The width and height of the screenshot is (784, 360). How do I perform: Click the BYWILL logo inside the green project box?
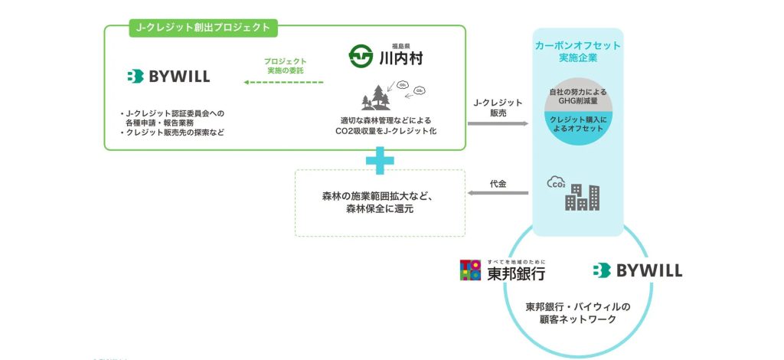click(168, 76)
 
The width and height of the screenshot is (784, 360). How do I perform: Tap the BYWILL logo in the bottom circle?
click(637, 270)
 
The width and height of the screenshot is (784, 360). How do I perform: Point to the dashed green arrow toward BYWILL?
click(285, 82)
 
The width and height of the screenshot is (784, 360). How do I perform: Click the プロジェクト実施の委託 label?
click(285, 66)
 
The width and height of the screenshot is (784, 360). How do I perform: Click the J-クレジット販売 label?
click(498, 107)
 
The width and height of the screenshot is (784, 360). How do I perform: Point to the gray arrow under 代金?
click(498, 194)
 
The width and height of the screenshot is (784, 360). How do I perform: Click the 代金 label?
click(498, 184)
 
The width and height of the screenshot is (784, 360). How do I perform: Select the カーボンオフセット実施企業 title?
click(577, 52)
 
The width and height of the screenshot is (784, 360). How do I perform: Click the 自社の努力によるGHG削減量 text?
click(577, 97)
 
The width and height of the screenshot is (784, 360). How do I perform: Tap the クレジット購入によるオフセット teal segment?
click(577, 123)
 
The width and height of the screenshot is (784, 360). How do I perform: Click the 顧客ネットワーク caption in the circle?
click(578, 313)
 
